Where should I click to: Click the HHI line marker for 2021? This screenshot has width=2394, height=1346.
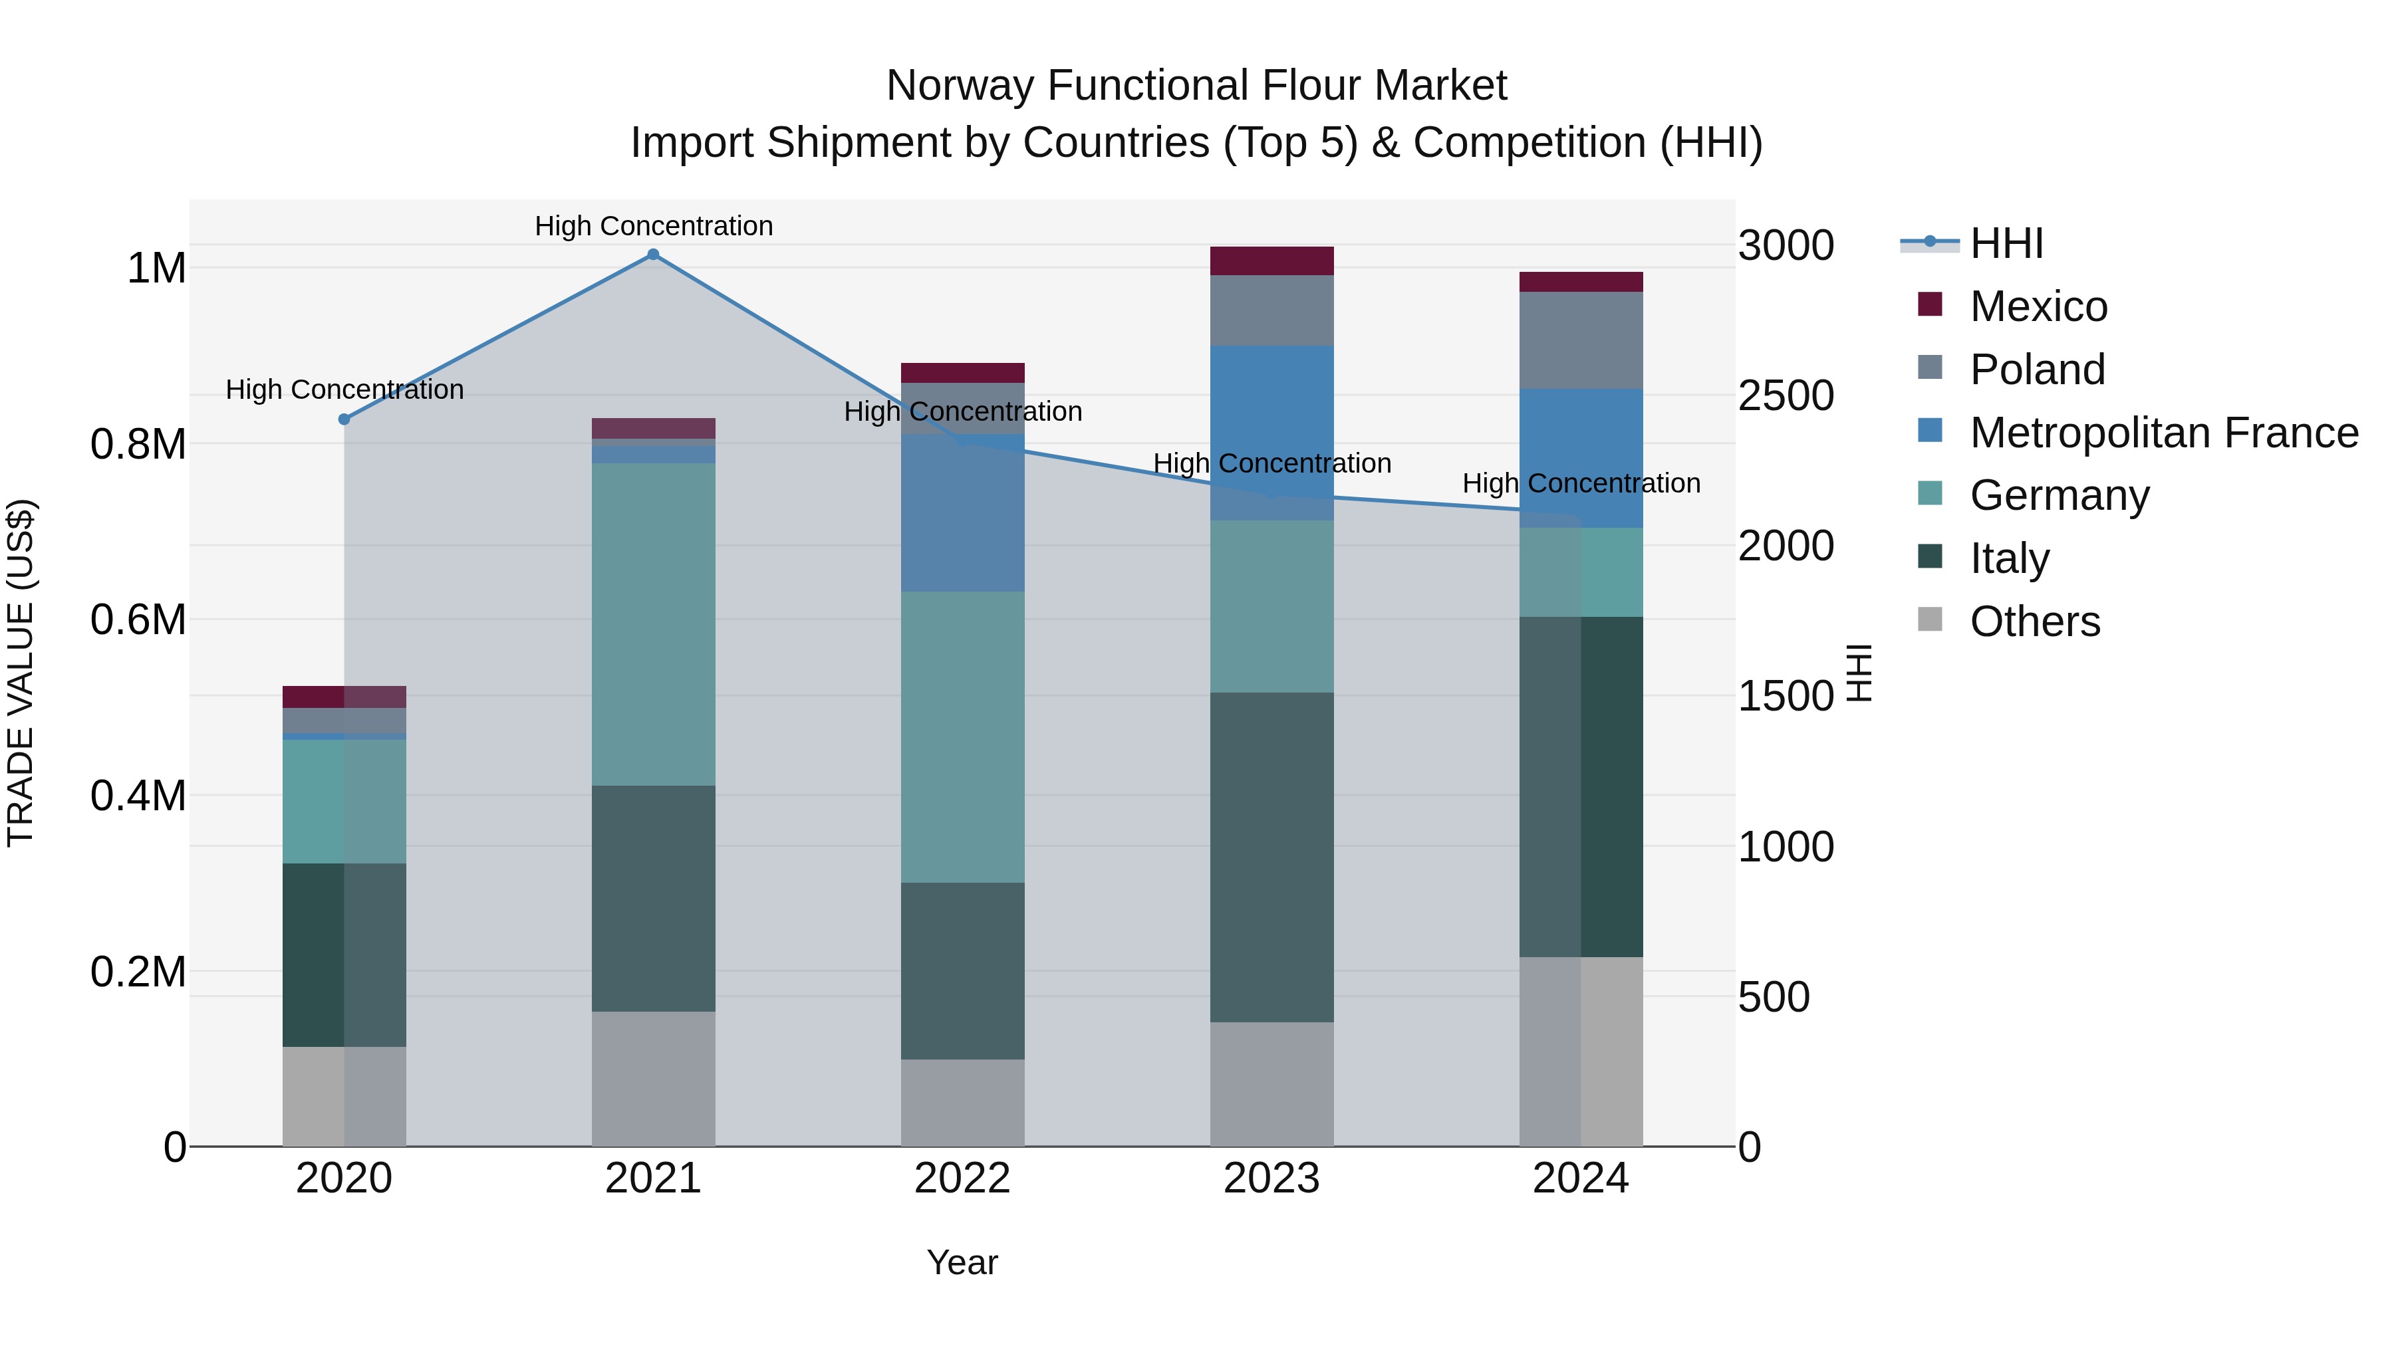click(652, 255)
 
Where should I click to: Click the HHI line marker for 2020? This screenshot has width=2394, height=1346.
click(344, 419)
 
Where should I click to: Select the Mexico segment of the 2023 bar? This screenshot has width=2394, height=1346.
click(1271, 261)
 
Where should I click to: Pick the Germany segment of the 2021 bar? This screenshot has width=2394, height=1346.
click(652, 624)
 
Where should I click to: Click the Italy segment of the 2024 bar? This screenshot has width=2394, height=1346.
click(1580, 787)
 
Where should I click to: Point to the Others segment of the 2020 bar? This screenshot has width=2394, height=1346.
click(344, 1096)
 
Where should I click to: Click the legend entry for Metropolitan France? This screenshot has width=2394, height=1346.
click(2163, 433)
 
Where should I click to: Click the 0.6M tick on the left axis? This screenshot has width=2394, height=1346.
click(138, 619)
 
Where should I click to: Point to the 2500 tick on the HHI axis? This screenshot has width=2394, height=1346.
click(1786, 395)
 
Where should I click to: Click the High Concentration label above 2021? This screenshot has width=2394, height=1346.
click(653, 226)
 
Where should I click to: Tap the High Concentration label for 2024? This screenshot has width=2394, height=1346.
click(1581, 483)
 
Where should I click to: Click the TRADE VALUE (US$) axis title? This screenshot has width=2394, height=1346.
click(21, 673)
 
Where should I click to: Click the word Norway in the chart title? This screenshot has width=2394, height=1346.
click(960, 86)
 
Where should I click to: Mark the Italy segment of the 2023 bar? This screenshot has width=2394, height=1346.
click(1271, 857)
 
